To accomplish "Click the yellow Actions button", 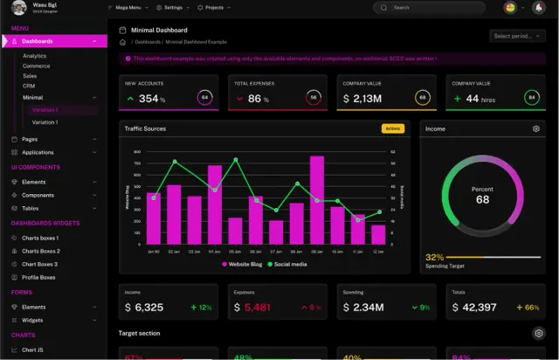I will pos(392,128).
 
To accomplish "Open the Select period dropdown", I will pos(518,36).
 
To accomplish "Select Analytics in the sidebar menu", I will pos(35,56).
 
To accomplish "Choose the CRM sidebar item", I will pos(29,87).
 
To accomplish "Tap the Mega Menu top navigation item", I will pos(125,7).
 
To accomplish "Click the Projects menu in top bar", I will pos(212,7).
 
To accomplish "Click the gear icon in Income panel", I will pos(536,128).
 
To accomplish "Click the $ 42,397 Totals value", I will pos(468,307).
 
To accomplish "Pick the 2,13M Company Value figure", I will pos(365,99).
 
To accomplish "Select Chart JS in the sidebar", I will pos(33,350).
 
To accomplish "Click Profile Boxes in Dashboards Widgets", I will pos(38,277).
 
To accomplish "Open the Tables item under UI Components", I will pos(30,209).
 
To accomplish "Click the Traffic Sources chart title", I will pos(146,128).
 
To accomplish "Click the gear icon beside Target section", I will pos(538,333).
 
